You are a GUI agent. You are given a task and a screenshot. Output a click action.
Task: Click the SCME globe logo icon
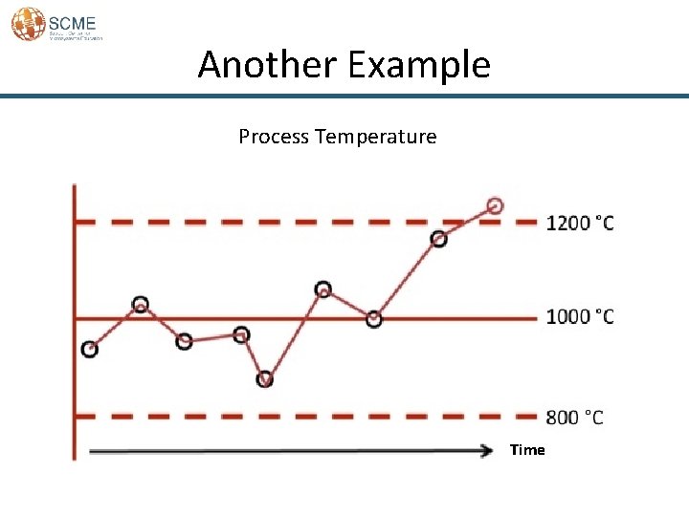28,23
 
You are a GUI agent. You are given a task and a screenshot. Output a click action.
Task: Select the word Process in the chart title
274,137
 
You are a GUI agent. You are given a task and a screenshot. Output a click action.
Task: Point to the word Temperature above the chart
375,137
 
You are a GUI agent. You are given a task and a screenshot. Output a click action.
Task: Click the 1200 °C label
580,224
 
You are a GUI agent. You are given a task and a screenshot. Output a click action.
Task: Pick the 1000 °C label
580,317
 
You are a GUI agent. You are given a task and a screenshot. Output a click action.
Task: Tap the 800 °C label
574,418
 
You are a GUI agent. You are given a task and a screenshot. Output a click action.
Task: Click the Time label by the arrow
527,450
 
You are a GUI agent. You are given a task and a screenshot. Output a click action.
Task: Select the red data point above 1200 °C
495,205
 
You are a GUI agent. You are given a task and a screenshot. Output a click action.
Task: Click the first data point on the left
90,350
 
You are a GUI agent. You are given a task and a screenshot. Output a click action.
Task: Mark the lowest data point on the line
265,379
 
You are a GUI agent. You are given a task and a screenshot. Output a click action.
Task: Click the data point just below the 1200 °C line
438,239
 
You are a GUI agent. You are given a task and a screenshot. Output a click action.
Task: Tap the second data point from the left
141,305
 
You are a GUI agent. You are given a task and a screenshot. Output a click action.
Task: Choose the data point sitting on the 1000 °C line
374,319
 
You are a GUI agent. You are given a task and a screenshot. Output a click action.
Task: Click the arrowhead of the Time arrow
486,449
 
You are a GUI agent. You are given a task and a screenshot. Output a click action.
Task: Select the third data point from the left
185,340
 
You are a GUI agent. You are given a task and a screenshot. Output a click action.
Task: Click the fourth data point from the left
241,334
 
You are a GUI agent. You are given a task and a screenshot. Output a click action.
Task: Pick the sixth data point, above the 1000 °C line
323,290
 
